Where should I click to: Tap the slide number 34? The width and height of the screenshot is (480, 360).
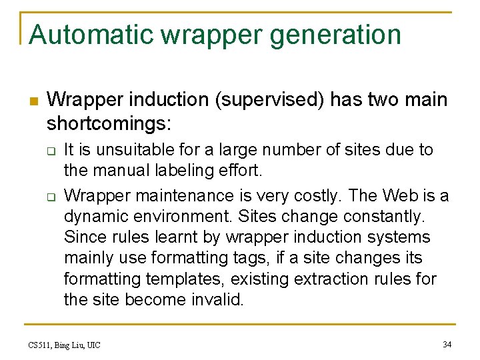(447, 345)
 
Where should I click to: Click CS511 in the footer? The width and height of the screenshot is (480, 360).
(39, 345)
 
